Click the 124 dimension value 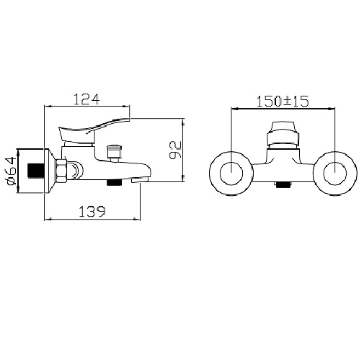[x=86, y=99]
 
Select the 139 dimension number [x=92, y=212]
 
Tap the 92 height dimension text [x=175, y=150]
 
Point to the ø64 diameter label [x=11, y=171]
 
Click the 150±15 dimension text [x=283, y=102]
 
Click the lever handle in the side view [x=94, y=131]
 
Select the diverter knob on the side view [x=114, y=153]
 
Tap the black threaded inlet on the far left [x=36, y=171]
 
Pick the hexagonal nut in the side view [x=61, y=171]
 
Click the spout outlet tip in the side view [x=141, y=179]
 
